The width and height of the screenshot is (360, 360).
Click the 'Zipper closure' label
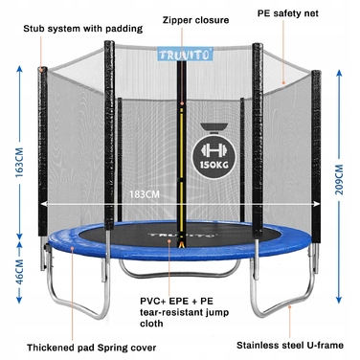195,20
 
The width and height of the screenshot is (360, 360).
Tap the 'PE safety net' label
288,13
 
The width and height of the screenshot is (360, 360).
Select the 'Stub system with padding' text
83,29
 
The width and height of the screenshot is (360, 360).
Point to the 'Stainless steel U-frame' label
290,345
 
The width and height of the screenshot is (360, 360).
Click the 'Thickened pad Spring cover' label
92,348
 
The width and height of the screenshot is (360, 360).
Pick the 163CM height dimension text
19,163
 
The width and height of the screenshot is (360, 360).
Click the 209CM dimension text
339,179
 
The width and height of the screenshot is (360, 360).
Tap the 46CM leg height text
19,272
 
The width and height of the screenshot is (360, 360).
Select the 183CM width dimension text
145,194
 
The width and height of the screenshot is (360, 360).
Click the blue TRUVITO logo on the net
185,54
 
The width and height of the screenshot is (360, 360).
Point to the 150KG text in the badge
214,165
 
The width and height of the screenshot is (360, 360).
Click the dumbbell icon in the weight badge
214,150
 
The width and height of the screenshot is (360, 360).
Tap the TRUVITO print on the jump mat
181,236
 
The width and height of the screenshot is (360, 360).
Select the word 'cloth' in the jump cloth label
151,324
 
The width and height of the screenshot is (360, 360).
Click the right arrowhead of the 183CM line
317,204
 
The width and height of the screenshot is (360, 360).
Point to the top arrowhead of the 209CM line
339,74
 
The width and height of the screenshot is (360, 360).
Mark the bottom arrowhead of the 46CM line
19,300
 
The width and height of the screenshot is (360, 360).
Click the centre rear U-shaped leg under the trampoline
180,271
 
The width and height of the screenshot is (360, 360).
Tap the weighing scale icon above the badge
214,127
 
